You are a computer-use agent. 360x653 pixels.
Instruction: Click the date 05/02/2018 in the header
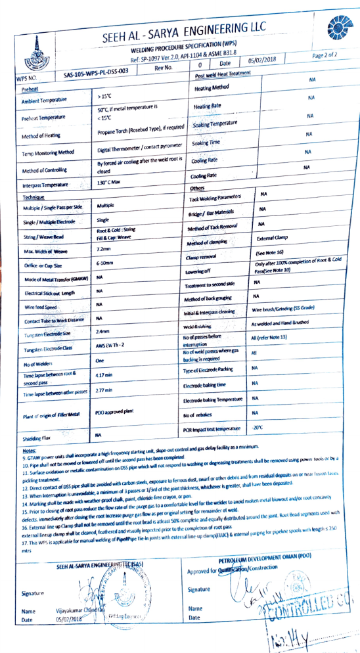pyautogui.click(x=262, y=60)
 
